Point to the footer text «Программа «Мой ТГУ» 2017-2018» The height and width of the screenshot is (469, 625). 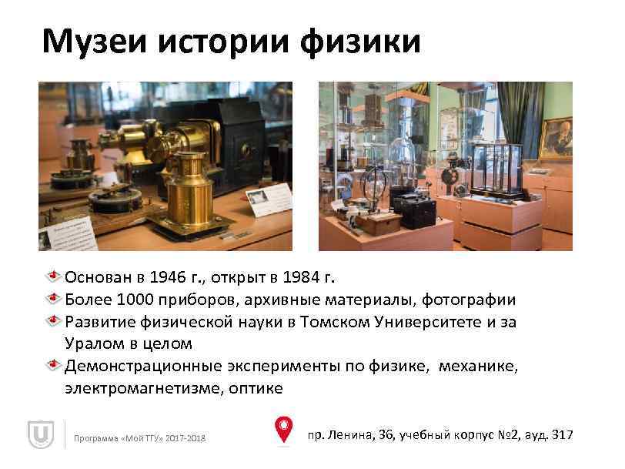tap(139, 439)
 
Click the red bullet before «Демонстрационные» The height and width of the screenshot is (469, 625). tap(55, 365)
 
